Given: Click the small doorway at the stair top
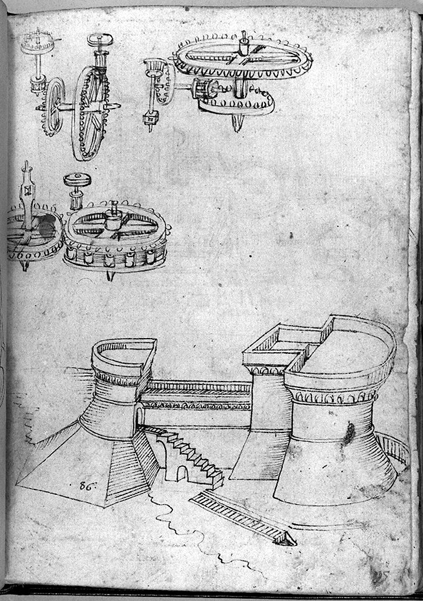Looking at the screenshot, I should pyautogui.click(x=140, y=416).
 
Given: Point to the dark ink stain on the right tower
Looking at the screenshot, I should pyautogui.click(x=349, y=434).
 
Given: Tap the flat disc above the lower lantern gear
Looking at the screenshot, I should pyautogui.click(x=75, y=180).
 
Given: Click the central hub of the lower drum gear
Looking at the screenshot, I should pyautogui.click(x=114, y=220).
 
